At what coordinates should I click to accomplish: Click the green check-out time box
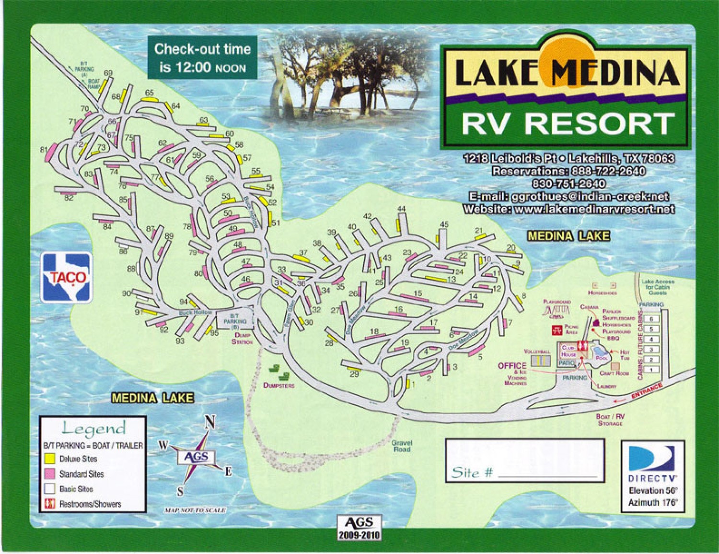pyautogui.click(x=202, y=58)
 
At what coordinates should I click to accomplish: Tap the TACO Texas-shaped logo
pyautogui.click(x=66, y=277)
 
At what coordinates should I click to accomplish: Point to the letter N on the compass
pyautogui.click(x=209, y=422)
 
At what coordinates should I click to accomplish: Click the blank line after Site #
pyautogui.click(x=548, y=475)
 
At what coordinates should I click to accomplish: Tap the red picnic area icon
pyautogui.click(x=557, y=330)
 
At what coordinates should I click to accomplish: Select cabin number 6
pyautogui.click(x=651, y=318)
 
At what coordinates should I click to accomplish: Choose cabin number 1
pyautogui.click(x=651, y=370)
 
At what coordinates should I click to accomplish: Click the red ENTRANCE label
pyautogui.click(x=647, y=391)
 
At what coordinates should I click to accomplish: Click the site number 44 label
pyautogui.click(x=401, y=209)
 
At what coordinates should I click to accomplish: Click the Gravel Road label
pyautogui.click(x=402, y=446)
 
